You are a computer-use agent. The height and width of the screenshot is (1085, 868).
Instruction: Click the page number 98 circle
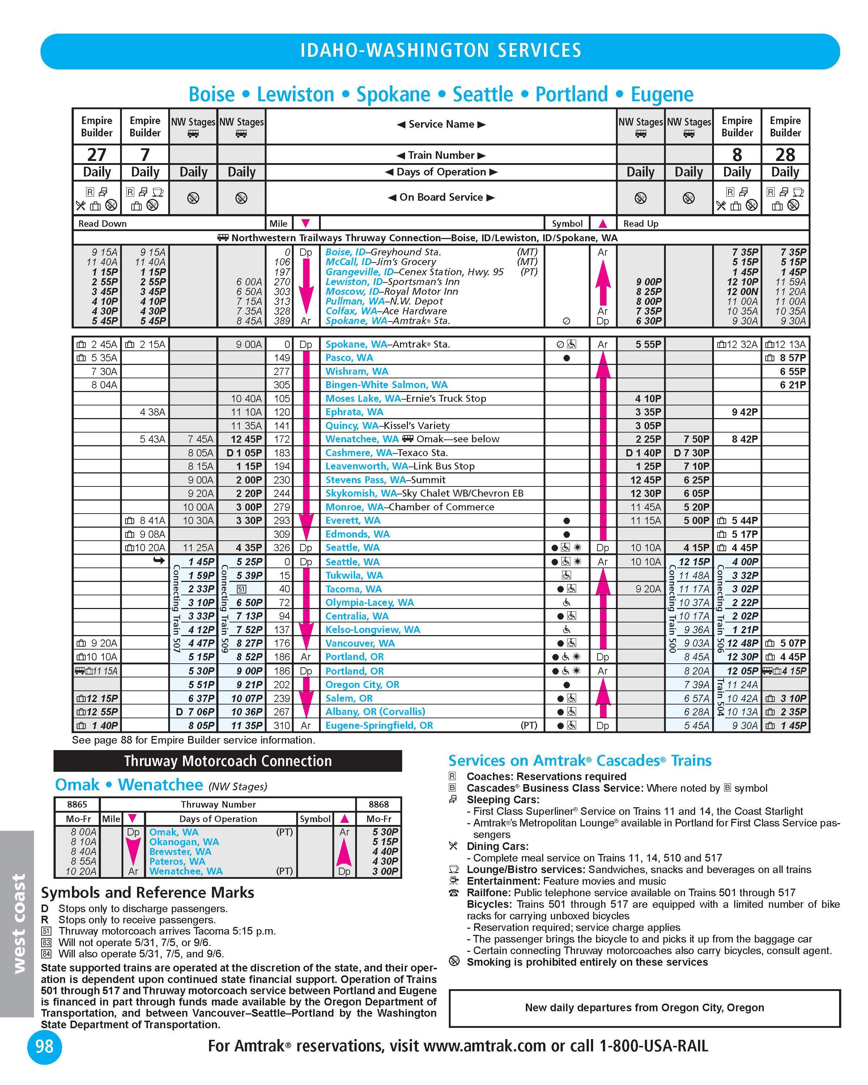point(44,1046)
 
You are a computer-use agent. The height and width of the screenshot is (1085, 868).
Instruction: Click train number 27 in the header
point(97,154)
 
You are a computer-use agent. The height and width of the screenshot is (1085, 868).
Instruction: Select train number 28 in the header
point(785,154)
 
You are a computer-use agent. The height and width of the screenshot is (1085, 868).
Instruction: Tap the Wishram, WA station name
point(357,371)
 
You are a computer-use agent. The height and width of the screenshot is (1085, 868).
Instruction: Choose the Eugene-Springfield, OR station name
point(379,725)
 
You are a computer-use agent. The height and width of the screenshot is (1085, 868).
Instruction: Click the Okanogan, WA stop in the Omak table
point(184,842)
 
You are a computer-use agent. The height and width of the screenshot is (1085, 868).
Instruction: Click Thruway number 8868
point(378,804)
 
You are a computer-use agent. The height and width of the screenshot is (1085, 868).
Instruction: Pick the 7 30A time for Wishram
point(104,371)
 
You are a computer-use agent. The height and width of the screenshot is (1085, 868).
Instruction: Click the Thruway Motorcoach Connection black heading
point(227,761)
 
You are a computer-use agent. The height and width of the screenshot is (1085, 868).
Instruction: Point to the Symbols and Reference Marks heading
point(148,893)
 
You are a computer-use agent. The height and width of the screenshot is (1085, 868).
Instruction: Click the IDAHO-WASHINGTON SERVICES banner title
point(440,50)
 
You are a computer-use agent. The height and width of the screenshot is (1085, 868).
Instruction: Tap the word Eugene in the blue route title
point(662,95)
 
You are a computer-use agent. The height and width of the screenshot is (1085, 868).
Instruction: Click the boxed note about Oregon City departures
point(644,1008)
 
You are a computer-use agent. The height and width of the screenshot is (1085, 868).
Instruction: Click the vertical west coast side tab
point(18,923)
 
